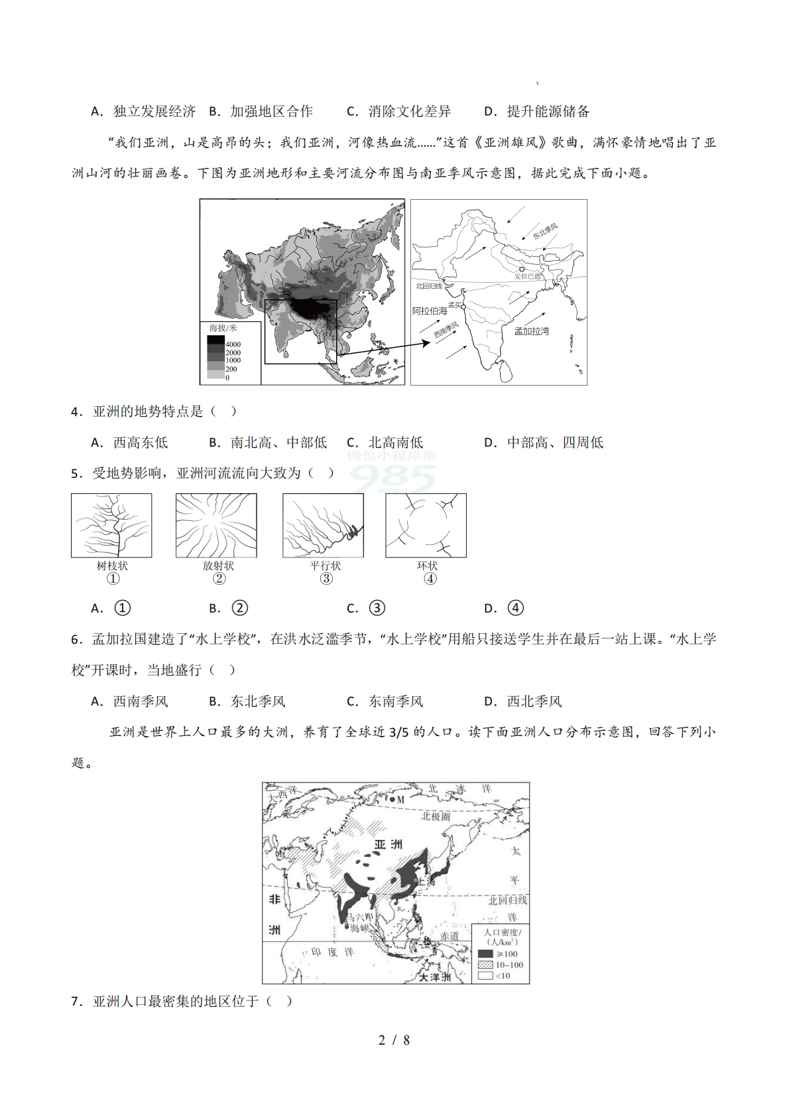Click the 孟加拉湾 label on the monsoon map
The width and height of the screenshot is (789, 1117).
531,331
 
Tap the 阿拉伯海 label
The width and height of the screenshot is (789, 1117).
430,311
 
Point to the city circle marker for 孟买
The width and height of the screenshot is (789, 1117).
463,307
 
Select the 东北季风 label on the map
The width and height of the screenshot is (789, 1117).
545,232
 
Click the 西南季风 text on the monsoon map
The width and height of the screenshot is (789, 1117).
446,330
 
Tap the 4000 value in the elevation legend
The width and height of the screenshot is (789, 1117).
233,344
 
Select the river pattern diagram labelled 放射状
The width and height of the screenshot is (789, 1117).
216,526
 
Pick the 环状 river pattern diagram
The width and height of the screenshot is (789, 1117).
426,526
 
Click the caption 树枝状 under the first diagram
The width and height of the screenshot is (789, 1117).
112,565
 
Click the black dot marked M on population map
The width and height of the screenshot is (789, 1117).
393,800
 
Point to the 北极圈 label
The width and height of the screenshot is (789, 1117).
436,816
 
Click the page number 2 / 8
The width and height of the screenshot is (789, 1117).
394,1040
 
